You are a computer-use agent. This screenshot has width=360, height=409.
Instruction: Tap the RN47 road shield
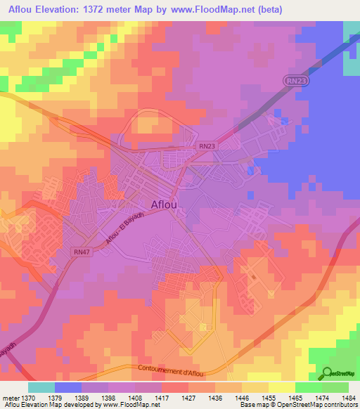82,251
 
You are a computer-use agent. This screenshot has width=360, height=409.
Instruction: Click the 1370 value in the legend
28,396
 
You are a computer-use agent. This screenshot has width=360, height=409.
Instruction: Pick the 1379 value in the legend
55,396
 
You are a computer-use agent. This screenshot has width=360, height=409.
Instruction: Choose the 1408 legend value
135,396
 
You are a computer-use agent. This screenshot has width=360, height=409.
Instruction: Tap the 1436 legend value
215,396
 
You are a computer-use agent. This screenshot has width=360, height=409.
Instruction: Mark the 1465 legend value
295,396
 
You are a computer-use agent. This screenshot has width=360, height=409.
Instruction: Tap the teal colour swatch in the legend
41,387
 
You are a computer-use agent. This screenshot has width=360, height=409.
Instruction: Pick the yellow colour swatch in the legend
282,387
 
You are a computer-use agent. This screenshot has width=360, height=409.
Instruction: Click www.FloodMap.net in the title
255,8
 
